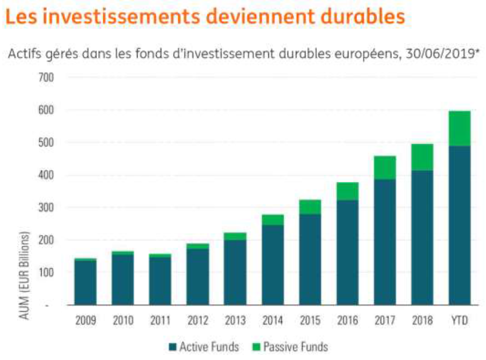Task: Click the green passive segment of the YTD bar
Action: [x=460, y=128]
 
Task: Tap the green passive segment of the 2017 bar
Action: [x=385, y=167]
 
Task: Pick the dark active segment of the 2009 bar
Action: [x=86, y=282]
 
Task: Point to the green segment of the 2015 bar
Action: [x=310, y=207]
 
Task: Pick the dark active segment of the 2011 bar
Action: [x=161, y=280]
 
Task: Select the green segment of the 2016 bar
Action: [x=347, y=191]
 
